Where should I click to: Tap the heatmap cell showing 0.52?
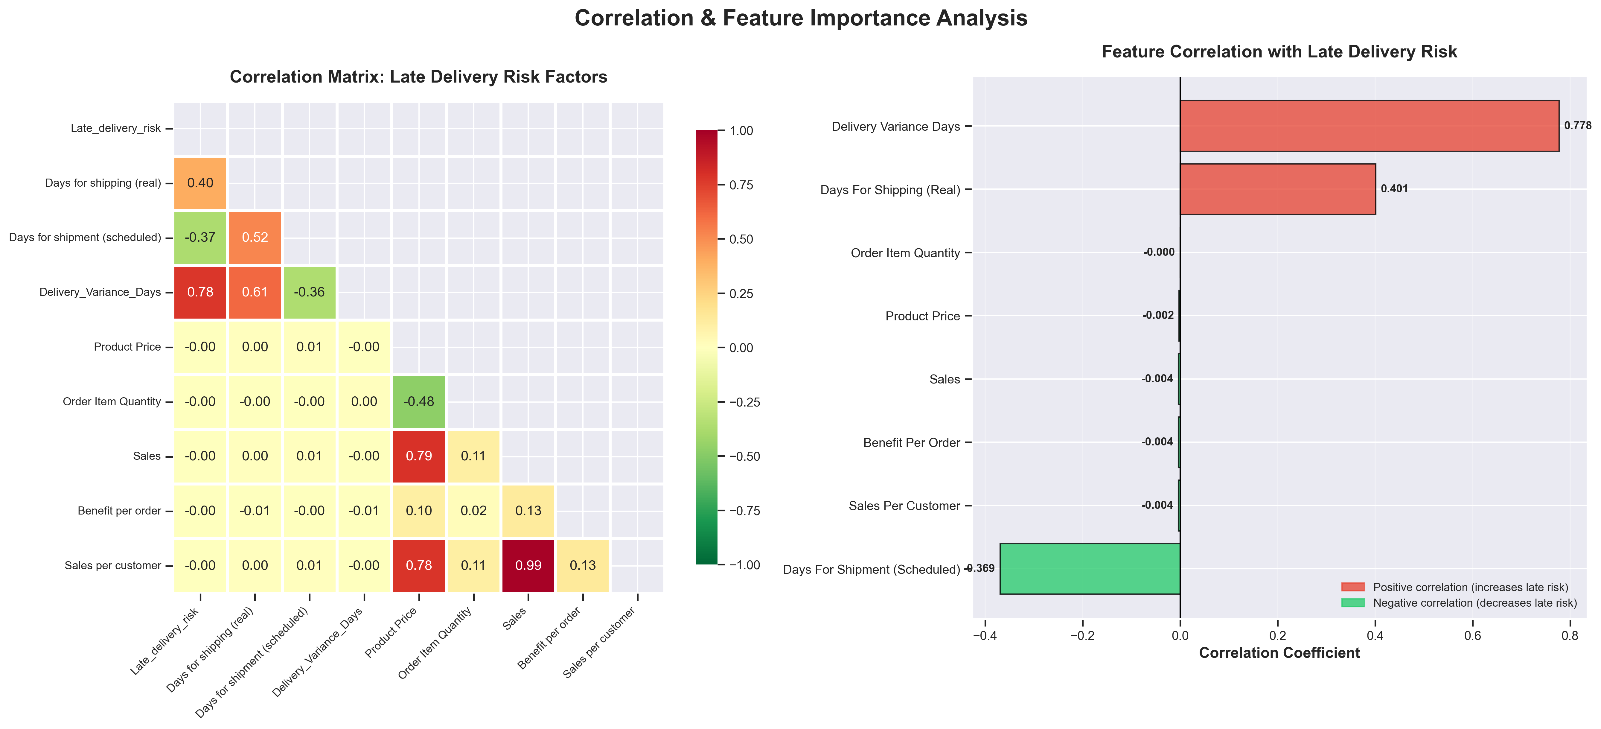click(255, 238)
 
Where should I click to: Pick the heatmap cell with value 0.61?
click(255, 292)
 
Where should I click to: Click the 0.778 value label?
click(1577, 126)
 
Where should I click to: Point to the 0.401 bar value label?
click(1394, 189)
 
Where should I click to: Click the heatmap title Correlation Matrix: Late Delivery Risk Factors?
click(418, 77)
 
